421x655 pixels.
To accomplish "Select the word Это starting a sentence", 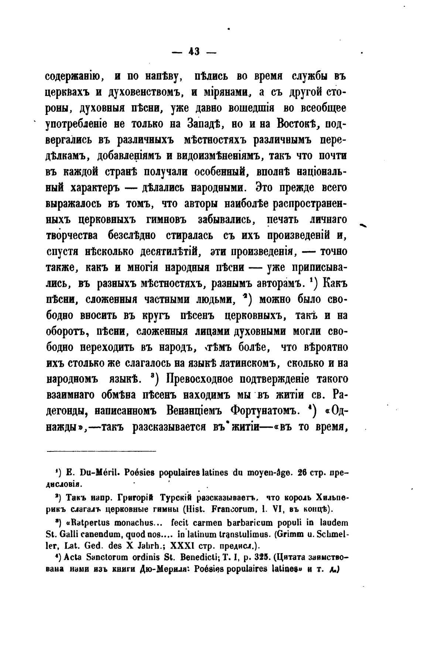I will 267,188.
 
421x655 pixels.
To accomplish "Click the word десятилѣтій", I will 170,252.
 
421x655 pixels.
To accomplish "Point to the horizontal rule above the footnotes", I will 101,451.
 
